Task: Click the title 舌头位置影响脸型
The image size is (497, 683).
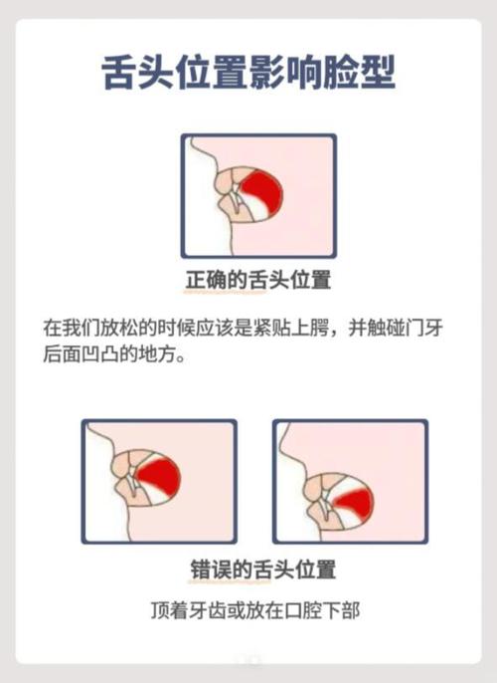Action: [x=248, y=73]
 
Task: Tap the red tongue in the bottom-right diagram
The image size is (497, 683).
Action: [x=352, y=498]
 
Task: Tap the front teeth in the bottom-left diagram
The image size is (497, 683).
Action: [x=132, y=482]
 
